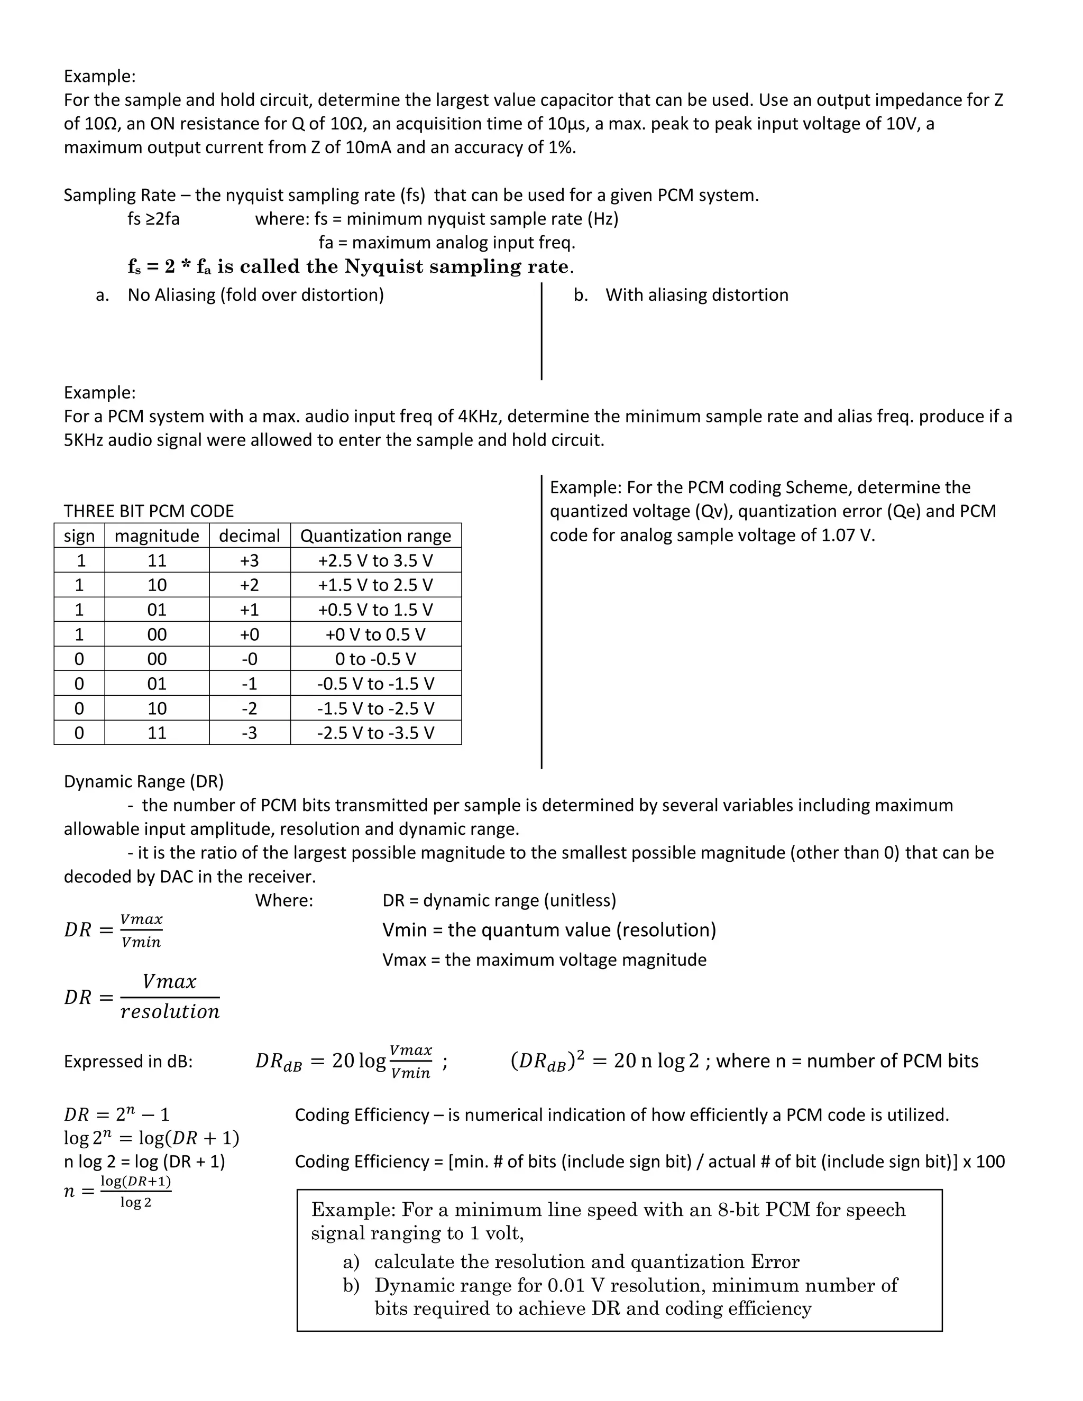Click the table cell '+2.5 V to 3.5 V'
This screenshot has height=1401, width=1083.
click(375, 560)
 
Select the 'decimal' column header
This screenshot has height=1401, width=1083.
click(250, 536)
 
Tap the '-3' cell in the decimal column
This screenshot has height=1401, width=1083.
click(250, 733)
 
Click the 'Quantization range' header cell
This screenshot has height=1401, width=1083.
click(375, 536)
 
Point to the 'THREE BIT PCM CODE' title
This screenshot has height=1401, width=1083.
click(149, 511)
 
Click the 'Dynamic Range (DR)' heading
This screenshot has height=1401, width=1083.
click(144, 781)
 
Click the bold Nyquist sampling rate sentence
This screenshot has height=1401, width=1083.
click(350, 267)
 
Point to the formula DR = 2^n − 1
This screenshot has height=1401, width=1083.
click(117, 1114)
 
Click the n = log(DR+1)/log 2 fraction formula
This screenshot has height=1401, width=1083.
click(118, 1191)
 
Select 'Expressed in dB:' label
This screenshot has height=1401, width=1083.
click(129, 1062)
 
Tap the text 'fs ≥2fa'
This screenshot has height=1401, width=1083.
click(153, 219)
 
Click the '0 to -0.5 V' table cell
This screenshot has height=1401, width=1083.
click(375, 659)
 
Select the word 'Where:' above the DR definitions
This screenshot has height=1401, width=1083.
click(284, 901)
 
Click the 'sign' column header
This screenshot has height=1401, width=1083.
click(79, 536)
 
